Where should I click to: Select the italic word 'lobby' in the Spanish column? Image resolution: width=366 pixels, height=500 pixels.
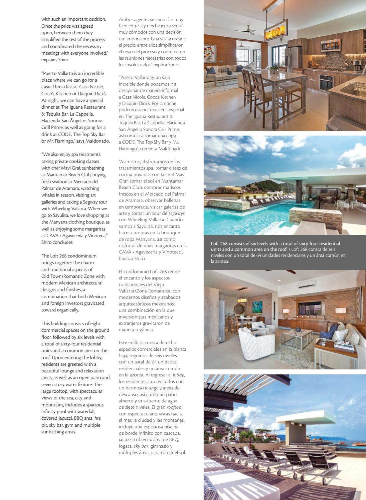tap(179, 375)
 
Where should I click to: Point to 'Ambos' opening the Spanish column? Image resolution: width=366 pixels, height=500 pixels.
tap(125, 19)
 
